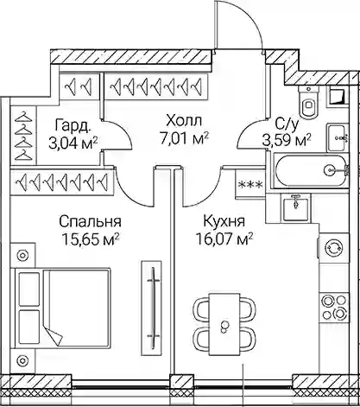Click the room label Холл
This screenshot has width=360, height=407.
tap(184, 121)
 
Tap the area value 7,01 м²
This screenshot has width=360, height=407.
tap(184, 139)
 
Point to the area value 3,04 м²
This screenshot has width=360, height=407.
tap(73, 143)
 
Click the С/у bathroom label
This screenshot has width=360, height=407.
tap(287, 124)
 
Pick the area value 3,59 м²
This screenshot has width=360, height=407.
tap(287, 142)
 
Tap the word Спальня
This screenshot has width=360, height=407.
tap(90, 222)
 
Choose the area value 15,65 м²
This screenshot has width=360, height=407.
tap(91, 238)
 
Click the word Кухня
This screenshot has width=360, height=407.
tap(224, 222)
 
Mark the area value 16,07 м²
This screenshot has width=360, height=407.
tap(224, 238)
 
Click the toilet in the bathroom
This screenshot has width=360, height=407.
tap(309, 101)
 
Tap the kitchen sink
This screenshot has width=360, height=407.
tap(296, 207)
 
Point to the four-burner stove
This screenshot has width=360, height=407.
tap(334, 306)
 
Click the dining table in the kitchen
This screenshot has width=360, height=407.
tap(224, 324)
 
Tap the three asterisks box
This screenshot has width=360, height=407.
tap(249, 183)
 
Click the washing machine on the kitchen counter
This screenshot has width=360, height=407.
tap(333, 247)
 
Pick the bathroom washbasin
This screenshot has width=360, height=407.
tap(338, 138)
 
